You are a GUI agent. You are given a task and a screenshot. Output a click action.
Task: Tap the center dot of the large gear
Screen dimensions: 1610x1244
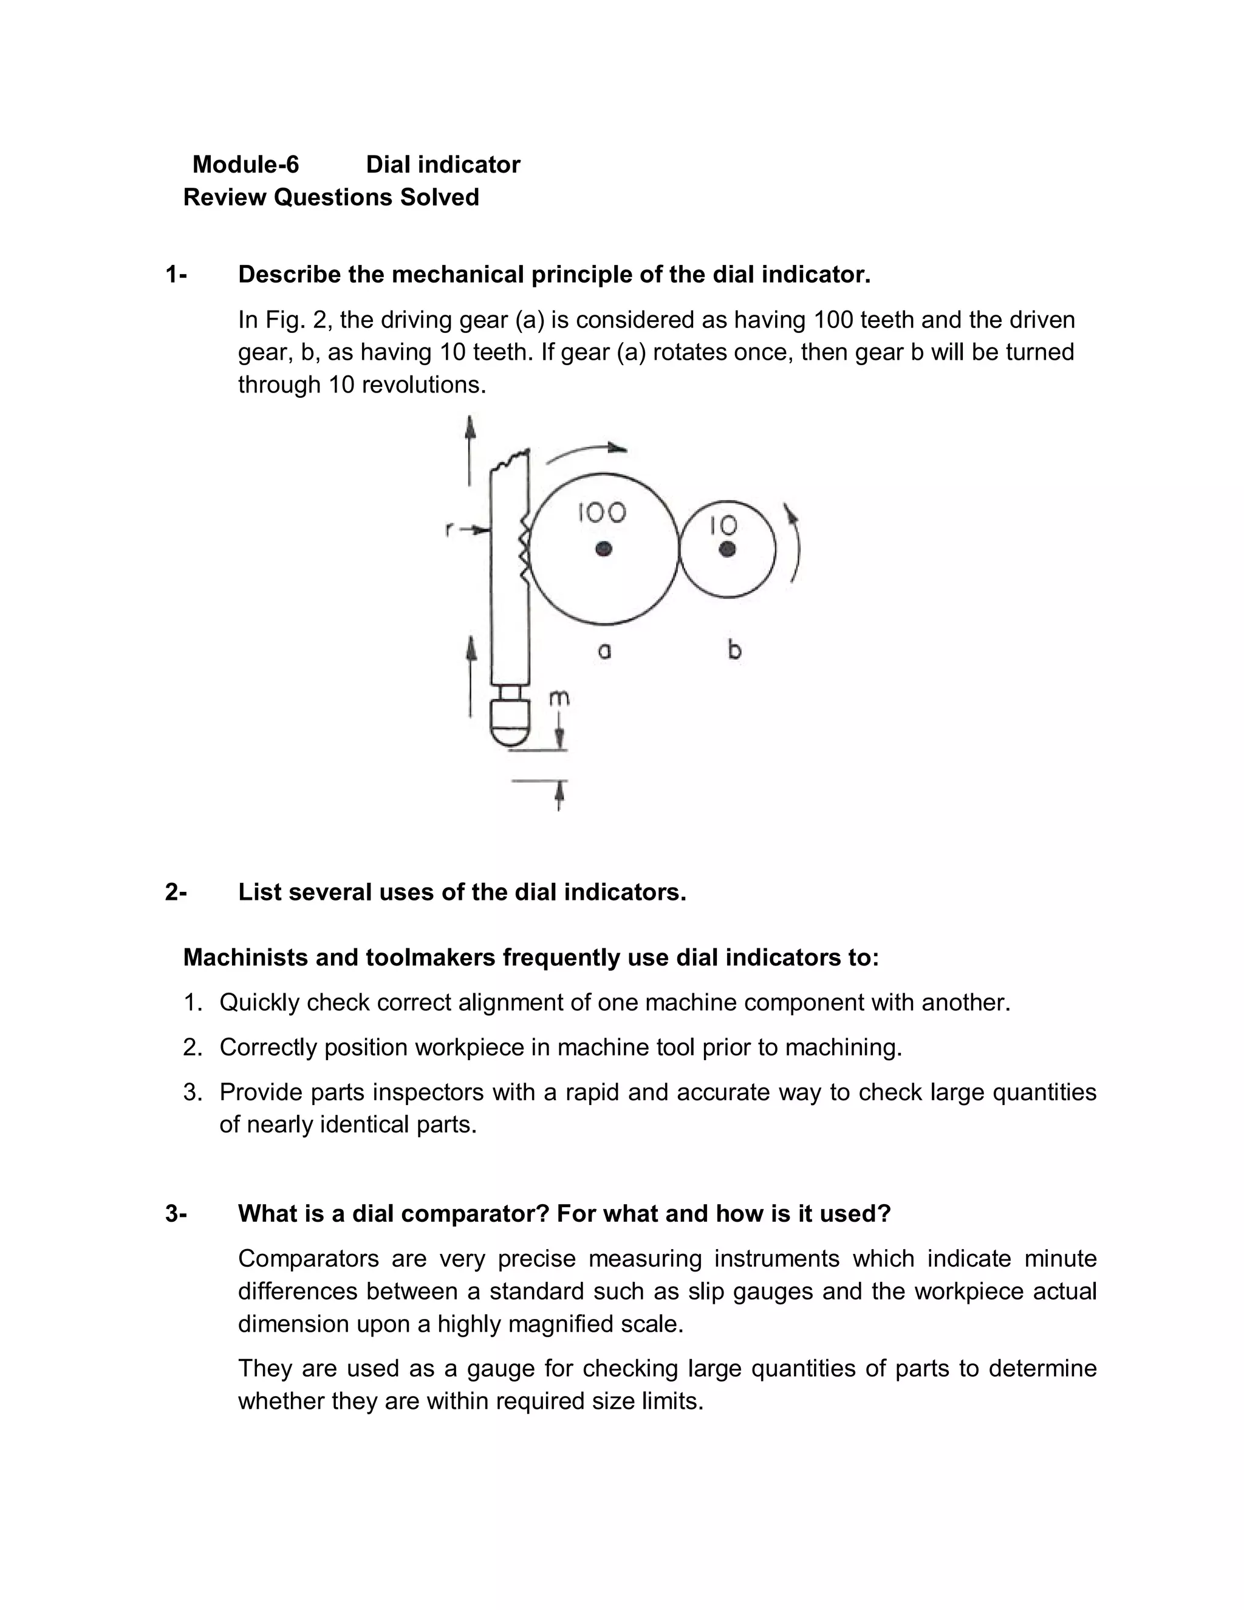(x=604, y=549)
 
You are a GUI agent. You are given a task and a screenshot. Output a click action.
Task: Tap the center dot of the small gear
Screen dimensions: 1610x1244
(x=727, y=549)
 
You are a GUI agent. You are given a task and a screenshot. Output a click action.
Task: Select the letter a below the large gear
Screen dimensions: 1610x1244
(x=604, y=651)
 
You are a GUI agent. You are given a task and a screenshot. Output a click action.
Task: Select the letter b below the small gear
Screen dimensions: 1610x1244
(x=734, y=650)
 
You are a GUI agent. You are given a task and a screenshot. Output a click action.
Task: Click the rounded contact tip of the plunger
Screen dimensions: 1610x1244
(x=510, y=730)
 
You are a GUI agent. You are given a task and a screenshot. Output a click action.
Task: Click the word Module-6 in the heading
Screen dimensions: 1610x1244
(x=245, y=165)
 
